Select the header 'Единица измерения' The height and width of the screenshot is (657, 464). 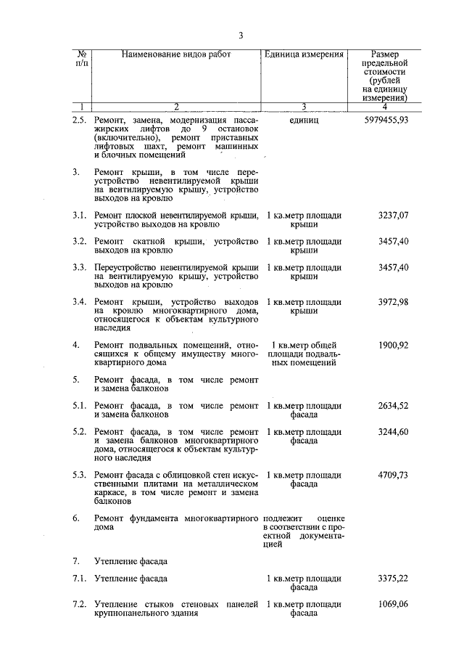tap(304, 55)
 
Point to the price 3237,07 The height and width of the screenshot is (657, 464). tap(394, 216)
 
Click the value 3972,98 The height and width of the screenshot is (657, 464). tap(394, 301)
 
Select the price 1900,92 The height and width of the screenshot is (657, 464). tap(394, 345)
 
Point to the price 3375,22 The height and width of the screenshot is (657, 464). tap(394, 579)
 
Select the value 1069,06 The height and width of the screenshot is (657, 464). tap(394, 605)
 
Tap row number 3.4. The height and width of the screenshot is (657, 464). tap(80, 301)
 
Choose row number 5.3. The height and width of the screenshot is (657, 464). tap(80, 475)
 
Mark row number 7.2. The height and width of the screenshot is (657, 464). tap(80, 605)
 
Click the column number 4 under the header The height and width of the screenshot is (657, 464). tap(384, 107)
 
